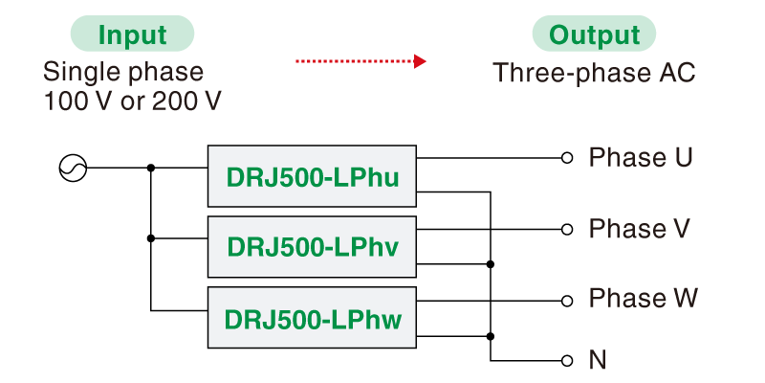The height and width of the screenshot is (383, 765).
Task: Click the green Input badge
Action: (132, 35)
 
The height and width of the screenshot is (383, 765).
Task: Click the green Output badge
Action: (594, 35)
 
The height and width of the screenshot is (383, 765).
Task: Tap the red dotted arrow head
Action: (419, 61)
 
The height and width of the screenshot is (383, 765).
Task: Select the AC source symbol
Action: (73, 169)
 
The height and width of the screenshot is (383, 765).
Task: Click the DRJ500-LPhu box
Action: (312, 176)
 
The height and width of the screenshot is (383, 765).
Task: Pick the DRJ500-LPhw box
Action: (312, 317)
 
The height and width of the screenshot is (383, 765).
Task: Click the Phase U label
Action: (640, 157)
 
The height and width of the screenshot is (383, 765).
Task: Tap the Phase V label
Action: (640, 229)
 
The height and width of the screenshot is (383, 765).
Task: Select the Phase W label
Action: (643, 299)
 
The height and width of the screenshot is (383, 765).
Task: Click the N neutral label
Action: (598, 361)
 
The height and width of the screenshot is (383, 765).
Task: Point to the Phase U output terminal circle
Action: (567, 158)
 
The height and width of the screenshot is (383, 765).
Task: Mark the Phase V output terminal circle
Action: (567, 230)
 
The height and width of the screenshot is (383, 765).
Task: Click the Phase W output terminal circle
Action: (567, 300)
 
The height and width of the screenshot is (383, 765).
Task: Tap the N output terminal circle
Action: (567, 361)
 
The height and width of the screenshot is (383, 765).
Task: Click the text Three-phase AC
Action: (594, 74)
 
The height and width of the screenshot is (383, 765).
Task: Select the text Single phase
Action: (123, 72)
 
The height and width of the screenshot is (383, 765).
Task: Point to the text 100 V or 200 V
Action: (132, 101)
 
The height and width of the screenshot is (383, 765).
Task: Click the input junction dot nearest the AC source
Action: (151, 169)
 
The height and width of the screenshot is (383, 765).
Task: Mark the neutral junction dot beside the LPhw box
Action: (491, 336)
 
